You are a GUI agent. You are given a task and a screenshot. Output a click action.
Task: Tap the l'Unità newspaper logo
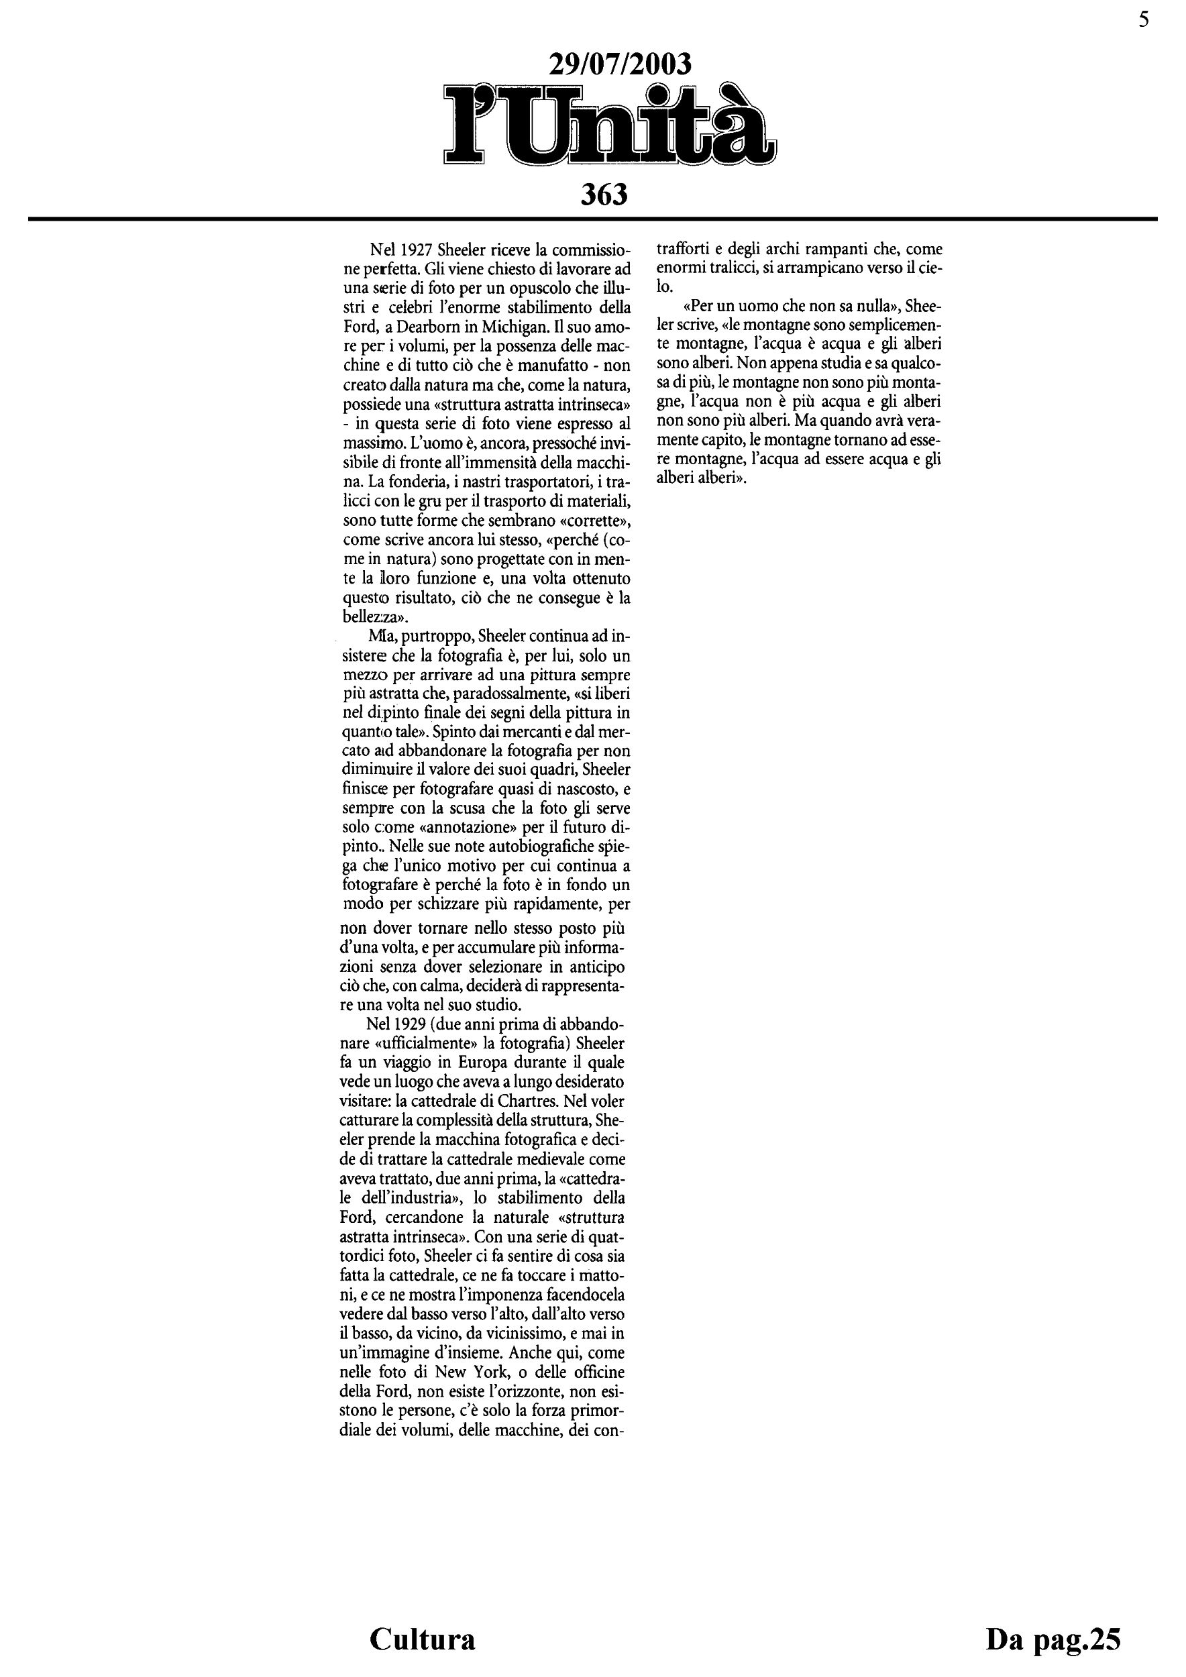[610, 125]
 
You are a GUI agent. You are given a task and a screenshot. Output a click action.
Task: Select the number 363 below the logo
[604, 195]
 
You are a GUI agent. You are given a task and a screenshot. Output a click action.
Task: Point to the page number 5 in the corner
[1143, 20]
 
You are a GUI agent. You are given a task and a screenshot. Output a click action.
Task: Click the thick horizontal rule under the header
[592, 219]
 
